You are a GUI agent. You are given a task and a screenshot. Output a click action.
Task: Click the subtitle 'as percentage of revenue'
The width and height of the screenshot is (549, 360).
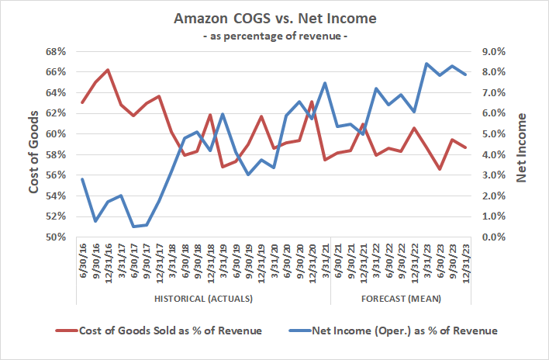point(274,36)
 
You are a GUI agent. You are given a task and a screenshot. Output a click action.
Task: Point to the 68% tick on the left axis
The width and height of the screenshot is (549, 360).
point(57,51)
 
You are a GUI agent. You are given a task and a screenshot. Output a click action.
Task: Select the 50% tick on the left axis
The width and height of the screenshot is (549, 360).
point(57,237)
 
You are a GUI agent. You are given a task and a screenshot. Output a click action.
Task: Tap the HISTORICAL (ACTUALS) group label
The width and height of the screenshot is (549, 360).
point(204,299)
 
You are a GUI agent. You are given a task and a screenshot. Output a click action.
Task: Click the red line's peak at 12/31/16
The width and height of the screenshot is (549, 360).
point(108,70)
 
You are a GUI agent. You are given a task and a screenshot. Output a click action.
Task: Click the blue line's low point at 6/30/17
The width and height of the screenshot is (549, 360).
point(133,227)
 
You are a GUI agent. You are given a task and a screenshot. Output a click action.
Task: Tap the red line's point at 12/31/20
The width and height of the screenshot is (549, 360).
point(312,102)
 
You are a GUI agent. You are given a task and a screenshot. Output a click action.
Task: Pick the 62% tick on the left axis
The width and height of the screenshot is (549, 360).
point(57,113)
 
